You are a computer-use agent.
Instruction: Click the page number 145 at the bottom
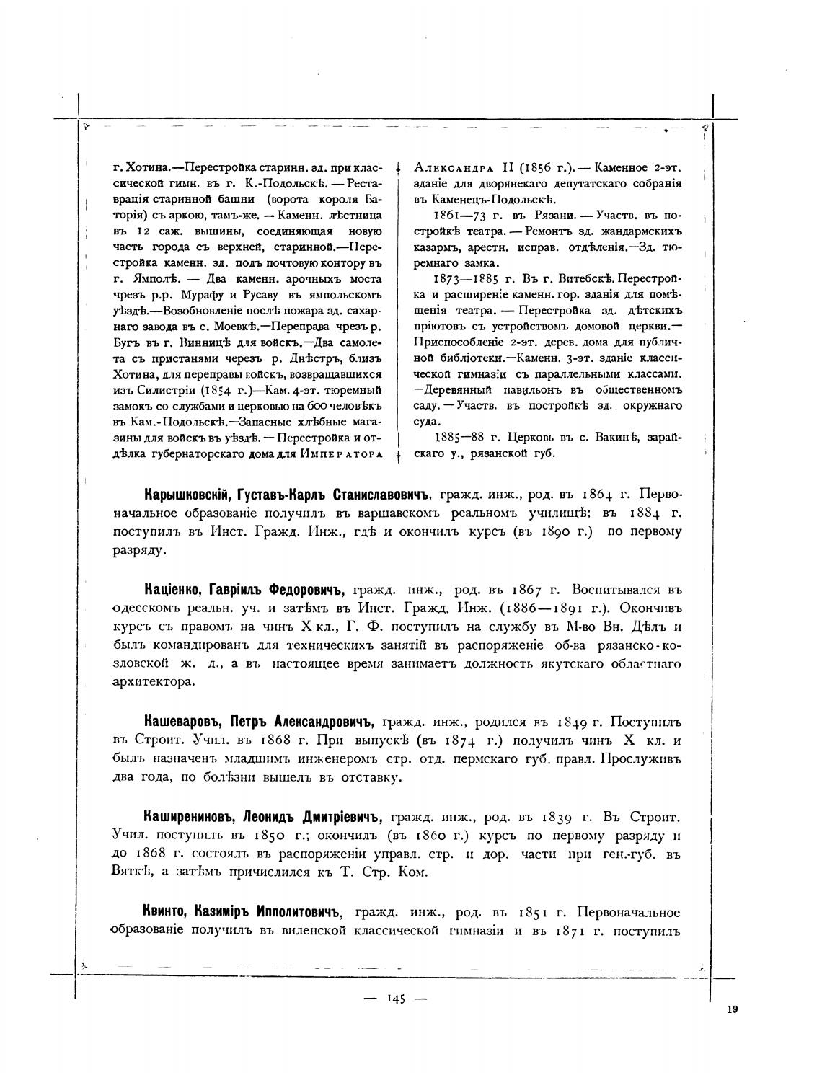pyautogui.click(x=397, y=999)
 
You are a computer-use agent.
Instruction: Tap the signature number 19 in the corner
pyautogui.click(x=732, y=1010)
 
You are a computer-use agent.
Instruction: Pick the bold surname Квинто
pyautogui.click(x=166, y=913)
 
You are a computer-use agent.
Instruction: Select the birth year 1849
pyautogui.click(x=571, y=722)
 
